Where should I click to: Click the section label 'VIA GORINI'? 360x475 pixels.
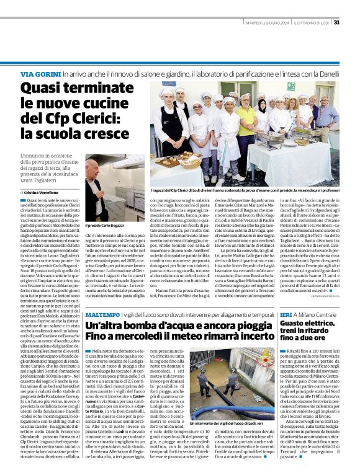coord(40,74)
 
